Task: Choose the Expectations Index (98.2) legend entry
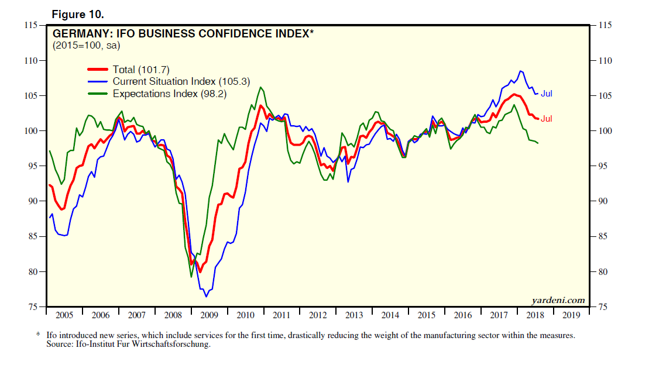169,94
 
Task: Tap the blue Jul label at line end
546,94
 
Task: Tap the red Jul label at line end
546,119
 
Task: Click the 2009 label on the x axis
209,315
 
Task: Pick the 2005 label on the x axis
64,315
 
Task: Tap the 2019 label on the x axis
571,315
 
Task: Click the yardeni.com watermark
558,300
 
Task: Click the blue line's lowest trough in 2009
206,297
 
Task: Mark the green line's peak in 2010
260,87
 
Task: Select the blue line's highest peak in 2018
520,71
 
